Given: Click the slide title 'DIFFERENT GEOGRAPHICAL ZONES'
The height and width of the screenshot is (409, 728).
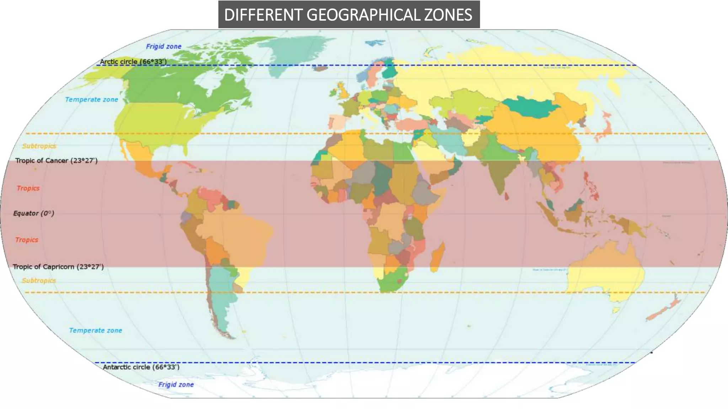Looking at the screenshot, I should (x=348, y=15).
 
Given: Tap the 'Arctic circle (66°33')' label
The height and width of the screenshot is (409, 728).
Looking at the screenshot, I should (x=133, y=61).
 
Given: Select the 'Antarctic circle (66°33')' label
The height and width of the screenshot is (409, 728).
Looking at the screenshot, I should (x=141, y=367).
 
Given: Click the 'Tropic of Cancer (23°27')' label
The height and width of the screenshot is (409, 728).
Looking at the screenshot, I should (x=56, y=160).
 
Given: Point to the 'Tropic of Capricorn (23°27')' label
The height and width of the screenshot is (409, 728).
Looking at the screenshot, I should (x=58, y=267).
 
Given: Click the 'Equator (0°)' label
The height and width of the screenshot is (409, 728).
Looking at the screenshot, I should (x=34, y=213).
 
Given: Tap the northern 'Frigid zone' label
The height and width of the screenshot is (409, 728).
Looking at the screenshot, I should (x=164, y=47).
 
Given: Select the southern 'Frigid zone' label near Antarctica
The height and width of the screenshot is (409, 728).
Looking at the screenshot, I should (x=176, y=385).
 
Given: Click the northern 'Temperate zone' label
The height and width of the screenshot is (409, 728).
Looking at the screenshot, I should (x=91, y=100).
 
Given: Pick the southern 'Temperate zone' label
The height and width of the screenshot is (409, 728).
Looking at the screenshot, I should (x=95, y=331).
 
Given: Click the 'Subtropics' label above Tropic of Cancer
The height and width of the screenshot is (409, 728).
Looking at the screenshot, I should (x=39, y=146).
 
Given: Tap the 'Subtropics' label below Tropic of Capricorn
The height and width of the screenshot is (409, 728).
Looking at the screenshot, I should (x=39, y=280).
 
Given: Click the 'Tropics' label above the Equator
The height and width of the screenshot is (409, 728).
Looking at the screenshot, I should (x=28, y=188).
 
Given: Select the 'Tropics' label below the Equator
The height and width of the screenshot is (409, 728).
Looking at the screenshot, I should (x=27, y=240).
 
